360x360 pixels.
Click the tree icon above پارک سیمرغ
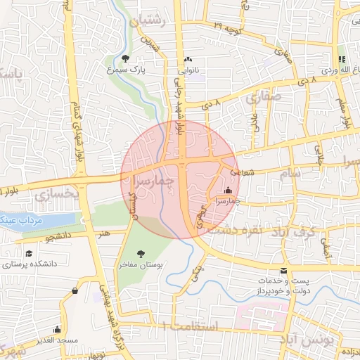[125, 58]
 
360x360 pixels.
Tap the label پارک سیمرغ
[125, 70]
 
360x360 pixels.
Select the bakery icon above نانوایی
[188, 59]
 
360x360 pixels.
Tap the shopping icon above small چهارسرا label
[228, 190]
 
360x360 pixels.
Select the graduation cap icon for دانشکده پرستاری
[29, 254]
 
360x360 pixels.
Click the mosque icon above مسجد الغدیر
[57, 329]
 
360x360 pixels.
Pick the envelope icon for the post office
[283, 271]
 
